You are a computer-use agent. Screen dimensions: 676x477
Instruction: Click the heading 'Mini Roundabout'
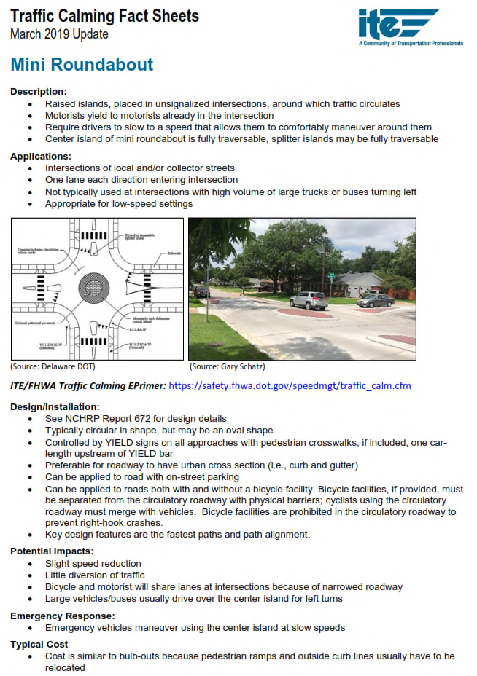pyautogui.click(x=82, y=64)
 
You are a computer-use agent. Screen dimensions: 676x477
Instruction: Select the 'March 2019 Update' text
pyautogui.click(x=59, y=34)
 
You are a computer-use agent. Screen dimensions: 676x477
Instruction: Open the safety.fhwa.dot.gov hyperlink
pyautogui.click(x=290, y=385)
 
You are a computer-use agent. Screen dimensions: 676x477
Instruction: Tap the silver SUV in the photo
pyautogui.click(x=308, y=300)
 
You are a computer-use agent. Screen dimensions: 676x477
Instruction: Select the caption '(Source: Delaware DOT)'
pyautogui.click(x=49, y=366)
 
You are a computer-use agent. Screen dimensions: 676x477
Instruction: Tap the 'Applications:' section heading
pyautogui.click(x=41, y=156)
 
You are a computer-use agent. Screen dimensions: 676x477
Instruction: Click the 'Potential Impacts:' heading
pyautogui.click(x=52, y=551)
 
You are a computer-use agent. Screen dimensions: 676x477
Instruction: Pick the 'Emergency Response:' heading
pyautogui.click(x=57, y=616)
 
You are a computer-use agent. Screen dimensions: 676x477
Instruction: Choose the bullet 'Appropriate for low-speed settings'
pyautogui.click(x=119, y=204)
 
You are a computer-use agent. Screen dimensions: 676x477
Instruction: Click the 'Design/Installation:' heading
pyautogui.click(x=55, y=406)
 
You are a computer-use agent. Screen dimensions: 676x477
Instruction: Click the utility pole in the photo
pyautogui.click(x=322, y=262)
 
